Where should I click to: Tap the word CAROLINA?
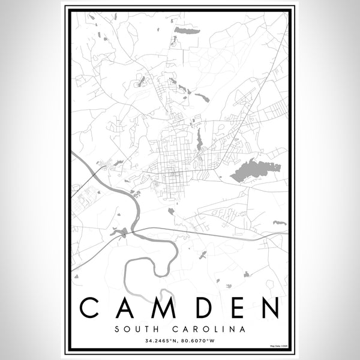click(x=208, y=329)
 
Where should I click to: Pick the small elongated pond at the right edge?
click(x=280, y=223)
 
